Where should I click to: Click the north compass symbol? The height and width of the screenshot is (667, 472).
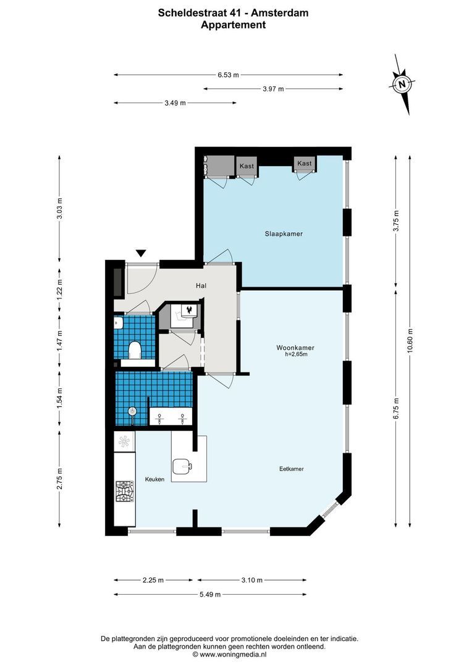point(403,85)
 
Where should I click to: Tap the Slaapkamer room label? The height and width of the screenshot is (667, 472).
point(284,234)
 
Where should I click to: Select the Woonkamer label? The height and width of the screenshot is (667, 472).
point(295,348)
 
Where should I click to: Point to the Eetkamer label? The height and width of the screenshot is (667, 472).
point(291,469)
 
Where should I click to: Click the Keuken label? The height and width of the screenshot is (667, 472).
point(154,479)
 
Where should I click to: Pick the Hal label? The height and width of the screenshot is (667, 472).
point(201,286)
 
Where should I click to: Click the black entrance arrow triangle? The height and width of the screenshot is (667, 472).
point(141,253)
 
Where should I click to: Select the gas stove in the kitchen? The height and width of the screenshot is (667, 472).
point(124,492)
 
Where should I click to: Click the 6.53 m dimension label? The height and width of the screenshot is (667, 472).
point(228,75)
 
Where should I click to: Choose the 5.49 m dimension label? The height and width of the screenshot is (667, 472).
point(210,594)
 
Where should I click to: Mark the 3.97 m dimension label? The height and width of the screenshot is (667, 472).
point(273,89)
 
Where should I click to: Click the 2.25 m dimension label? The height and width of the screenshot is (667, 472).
point(153,580)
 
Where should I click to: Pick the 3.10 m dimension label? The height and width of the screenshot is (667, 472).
point(252,580)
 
